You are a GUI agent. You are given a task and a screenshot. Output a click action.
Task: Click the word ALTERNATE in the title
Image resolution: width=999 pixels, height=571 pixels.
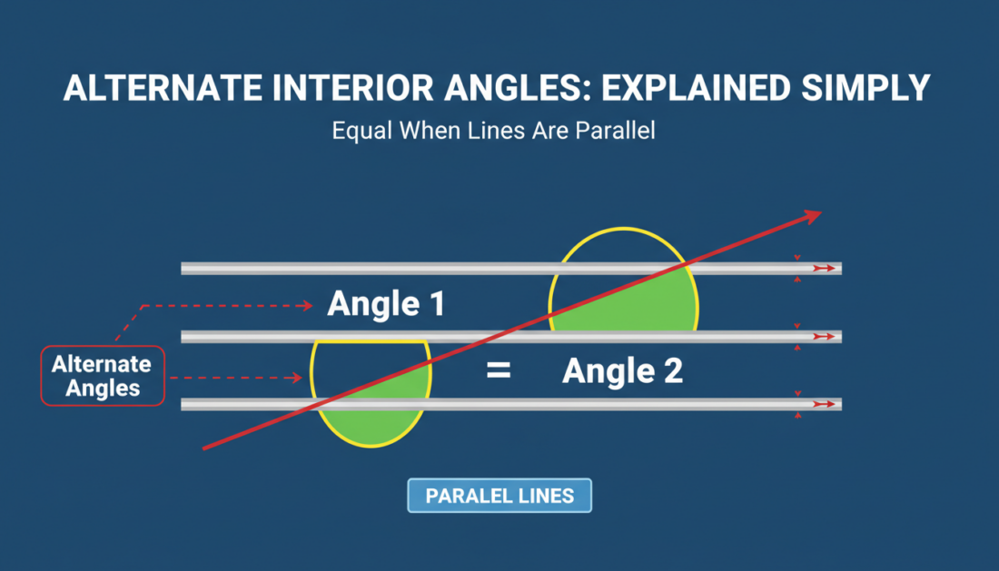click(163, 88)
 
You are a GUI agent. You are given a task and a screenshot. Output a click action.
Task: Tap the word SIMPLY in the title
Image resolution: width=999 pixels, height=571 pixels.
click(865, 88)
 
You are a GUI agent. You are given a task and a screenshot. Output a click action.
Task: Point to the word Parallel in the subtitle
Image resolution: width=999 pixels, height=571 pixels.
click(615, 131)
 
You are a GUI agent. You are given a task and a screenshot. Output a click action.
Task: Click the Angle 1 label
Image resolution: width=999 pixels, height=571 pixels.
click(386, 303)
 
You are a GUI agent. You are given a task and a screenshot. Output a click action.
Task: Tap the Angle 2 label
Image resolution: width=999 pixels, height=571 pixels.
click(622, 371)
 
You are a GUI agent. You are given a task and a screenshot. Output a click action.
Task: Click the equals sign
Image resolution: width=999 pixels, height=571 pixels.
click(499, 369)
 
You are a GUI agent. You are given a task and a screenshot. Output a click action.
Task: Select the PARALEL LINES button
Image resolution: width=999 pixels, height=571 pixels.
click(499, 496)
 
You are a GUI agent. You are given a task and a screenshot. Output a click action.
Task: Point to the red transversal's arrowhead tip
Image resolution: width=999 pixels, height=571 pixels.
click(821, 212)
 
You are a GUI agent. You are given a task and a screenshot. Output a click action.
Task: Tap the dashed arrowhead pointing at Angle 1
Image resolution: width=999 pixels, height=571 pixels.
click(308, 306)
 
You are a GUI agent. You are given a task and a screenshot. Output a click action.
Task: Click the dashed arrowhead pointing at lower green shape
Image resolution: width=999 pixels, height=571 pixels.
click(297, 379)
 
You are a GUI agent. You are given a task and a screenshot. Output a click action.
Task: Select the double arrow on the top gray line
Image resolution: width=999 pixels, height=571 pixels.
click(824, 269)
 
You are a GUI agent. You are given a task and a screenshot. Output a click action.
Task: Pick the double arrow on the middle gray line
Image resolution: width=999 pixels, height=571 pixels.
click(824, 336)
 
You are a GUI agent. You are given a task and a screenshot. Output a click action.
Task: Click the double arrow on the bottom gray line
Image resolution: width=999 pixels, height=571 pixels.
click(824, 404)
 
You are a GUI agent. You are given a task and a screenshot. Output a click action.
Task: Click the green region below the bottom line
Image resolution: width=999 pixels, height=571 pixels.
click(371, 427)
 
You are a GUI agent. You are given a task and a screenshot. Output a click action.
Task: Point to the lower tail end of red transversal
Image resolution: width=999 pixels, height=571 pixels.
click(203, 448)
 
